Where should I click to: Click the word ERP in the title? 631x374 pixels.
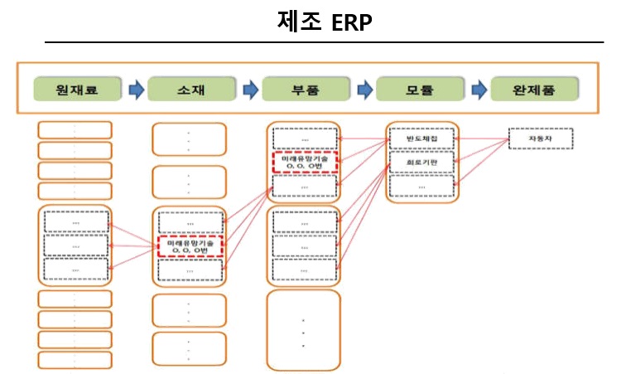352,22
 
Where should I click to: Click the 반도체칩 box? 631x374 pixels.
421,138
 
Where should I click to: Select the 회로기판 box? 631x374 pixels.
421,163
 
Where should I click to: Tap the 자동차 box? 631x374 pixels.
534,138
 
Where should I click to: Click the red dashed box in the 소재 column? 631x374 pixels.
190,246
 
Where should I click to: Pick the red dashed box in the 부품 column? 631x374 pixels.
304,163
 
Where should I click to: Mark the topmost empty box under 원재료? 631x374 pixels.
75,130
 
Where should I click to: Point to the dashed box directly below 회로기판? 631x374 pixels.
421,187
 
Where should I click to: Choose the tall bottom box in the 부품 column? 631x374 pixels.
304,329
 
